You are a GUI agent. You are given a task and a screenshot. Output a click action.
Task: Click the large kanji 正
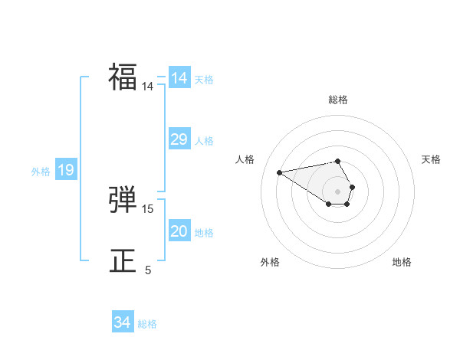click(123, 261)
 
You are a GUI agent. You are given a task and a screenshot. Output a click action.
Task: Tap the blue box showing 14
click(179, 78)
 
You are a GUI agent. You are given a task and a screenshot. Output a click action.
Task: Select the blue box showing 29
click(179, 139)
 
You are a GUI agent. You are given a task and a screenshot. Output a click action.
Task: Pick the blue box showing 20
click(179, 231)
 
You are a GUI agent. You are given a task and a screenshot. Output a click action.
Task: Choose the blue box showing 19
click(65, 170)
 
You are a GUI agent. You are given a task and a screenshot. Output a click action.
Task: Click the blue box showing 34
click(122, 322)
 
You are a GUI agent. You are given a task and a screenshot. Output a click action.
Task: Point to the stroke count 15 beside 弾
click(148, 208)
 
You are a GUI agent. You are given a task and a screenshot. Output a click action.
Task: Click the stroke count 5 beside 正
click(148, 270)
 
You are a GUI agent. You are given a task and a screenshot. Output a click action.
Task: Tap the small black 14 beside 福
click(148, 87)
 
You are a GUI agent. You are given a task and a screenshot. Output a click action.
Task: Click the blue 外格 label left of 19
click(41, 172)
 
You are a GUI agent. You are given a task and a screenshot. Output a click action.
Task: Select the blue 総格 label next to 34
click(147, 324)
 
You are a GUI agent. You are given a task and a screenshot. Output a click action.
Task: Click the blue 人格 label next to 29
click(204, 141)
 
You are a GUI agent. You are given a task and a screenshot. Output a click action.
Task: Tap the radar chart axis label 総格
click(338, 100)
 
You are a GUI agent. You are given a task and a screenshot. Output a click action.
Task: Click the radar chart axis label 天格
click(431, 159)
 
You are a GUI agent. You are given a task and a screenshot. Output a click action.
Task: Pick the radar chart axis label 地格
click(402, 262)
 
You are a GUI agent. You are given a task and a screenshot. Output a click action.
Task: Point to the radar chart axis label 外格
click(270, 262)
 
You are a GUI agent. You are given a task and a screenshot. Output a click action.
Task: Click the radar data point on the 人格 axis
click(279, 172)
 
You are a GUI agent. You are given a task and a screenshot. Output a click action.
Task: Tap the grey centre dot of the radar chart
click(337, 191)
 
